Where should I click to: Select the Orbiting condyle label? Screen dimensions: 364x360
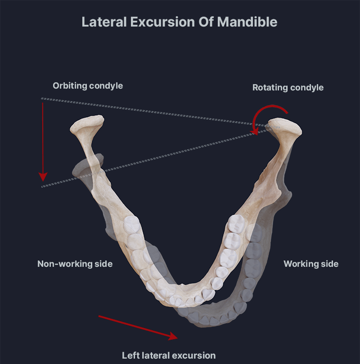pos(88,85)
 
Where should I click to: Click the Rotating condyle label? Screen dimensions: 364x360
pos(288,87)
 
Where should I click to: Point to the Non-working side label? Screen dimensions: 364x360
pos(75,264)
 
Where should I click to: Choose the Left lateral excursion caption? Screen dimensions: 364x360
pos(169,355)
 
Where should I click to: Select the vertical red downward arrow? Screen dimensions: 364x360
pos(43,139)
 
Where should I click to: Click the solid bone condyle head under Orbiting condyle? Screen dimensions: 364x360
pos(87,124)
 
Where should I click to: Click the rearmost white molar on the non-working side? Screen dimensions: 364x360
pos(131,223)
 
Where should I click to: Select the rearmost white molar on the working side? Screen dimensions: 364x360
pos(237,223)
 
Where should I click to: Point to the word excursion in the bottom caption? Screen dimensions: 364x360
pos(195,355)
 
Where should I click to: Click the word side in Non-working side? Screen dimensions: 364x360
pos(103,264)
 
